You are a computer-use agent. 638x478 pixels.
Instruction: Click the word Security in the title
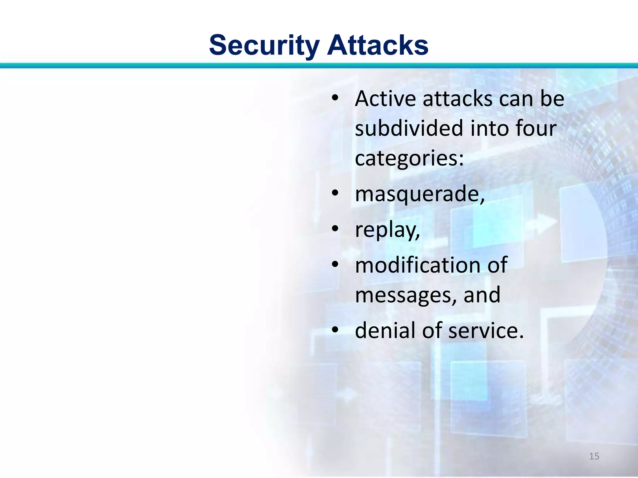(x=264, y=45)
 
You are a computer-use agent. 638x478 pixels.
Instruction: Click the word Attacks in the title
(x=378, y=45)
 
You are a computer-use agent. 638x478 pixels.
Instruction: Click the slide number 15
(x=594, y=456)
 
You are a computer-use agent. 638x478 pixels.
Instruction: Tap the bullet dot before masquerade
(x=335, y=193)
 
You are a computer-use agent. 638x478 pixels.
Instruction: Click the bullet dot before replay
(x=335, y=229)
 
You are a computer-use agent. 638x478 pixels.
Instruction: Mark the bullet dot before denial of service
(x=335, y=330)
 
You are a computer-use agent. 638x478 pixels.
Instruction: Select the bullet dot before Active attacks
(x=335, y=98)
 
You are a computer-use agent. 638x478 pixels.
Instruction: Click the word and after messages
(x=482, y=295)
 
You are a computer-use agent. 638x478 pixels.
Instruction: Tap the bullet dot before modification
(x=335, y=265)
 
